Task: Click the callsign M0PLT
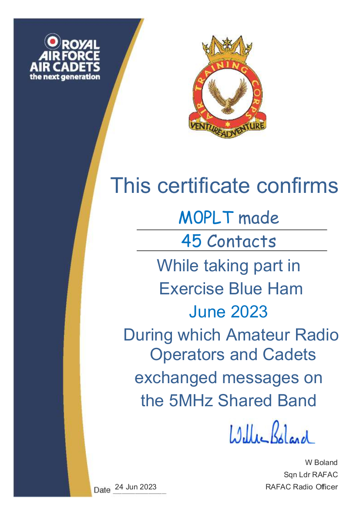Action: coord(206,218)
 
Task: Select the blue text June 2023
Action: coord(228,312)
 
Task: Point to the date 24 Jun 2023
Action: coord(136,487)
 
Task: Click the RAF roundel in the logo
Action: coord(52,41)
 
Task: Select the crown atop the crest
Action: coord(227,49)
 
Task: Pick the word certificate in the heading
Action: coord(204,185)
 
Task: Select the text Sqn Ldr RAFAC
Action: coord(311,475)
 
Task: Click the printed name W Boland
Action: coord(321,462)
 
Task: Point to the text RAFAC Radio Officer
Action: coord(302,487)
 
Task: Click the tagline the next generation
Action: coord(65,77)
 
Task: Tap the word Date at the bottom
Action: coord(102,490)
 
